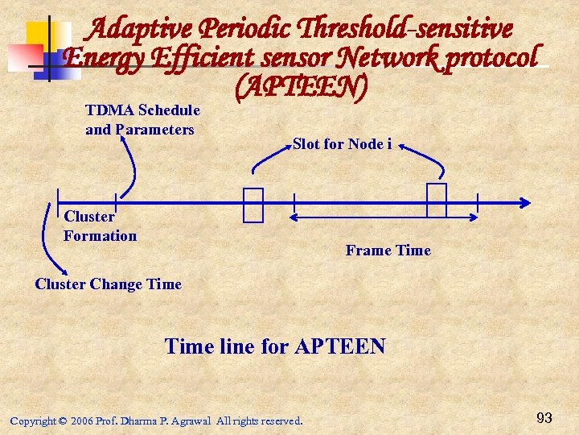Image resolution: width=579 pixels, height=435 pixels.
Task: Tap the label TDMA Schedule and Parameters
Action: (x=142, y=120)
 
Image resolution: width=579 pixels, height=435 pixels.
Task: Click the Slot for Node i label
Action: (x=342, y=144)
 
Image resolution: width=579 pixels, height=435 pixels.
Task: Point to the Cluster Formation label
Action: (x=100, y=226)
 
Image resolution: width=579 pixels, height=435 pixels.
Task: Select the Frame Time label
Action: (x=388, y=251)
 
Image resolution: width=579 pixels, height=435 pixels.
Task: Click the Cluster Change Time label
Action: (x=109, y=284)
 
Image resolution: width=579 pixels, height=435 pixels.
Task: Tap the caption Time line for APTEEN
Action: (x=275, y=347)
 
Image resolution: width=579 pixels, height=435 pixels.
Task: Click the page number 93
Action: (x=544, y=418)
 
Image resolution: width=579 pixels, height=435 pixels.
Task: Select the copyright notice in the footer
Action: (x=156, y=420)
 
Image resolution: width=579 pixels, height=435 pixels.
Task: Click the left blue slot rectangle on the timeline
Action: (x=253, y=205)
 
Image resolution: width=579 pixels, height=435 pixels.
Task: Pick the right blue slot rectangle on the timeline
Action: (x=436, y=201)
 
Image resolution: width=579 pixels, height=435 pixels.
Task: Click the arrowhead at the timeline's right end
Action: (x=524, y=202)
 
